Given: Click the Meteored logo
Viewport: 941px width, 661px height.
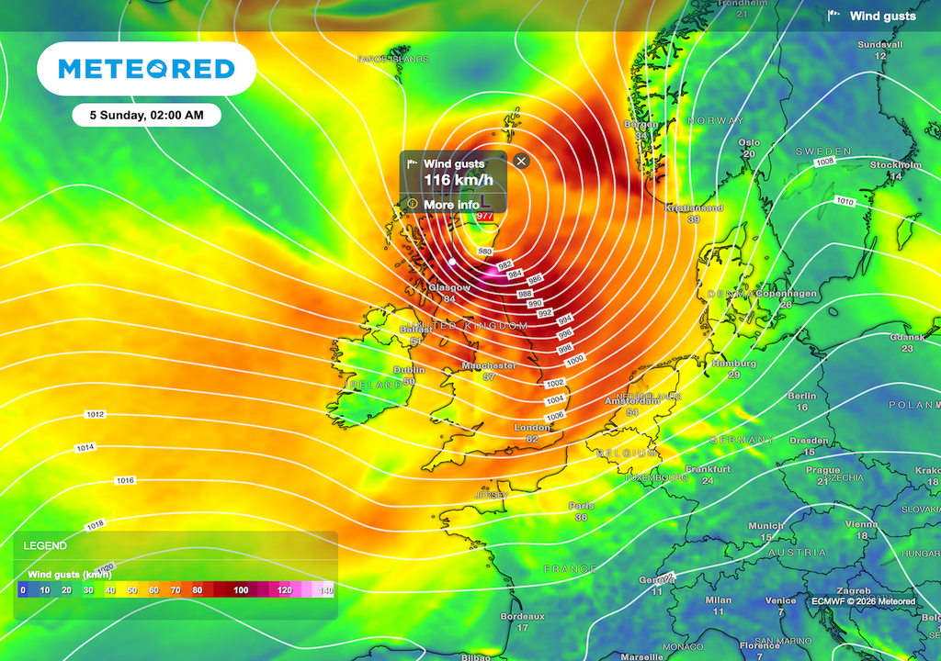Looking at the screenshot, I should coord(146,69).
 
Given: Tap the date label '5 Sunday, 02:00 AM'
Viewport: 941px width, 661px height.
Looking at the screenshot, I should coord(147,116).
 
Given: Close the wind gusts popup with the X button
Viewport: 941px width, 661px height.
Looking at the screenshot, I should coord(522,162).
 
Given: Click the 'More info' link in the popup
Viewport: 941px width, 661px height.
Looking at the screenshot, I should coord(451,204).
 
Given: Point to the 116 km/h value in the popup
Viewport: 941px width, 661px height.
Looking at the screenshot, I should coord(458,180).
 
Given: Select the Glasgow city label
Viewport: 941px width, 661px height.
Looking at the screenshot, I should coord(449,287).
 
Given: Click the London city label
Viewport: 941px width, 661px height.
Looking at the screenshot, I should coord(532,427).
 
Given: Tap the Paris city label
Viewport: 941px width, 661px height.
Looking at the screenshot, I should coord(581,506).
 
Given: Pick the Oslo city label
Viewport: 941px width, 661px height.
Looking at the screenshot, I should coord(750,142).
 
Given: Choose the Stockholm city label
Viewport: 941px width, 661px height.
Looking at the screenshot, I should coord(896,165).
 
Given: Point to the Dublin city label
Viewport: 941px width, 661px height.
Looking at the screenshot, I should coord(409,369).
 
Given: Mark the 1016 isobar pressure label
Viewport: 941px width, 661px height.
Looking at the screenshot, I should coord(125,481).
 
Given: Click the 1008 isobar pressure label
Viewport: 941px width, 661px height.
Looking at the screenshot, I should coord(824,162).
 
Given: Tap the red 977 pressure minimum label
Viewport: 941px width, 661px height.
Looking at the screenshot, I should coord(485,217).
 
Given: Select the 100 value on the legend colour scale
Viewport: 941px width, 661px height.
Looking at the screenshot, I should coord(241,590).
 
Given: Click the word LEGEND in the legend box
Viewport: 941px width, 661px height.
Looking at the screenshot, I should coord(45,545).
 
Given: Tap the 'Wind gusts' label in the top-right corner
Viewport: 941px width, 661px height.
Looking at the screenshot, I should coord(882,17).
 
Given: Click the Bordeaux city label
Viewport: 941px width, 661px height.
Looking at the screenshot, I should coord(522,616).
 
